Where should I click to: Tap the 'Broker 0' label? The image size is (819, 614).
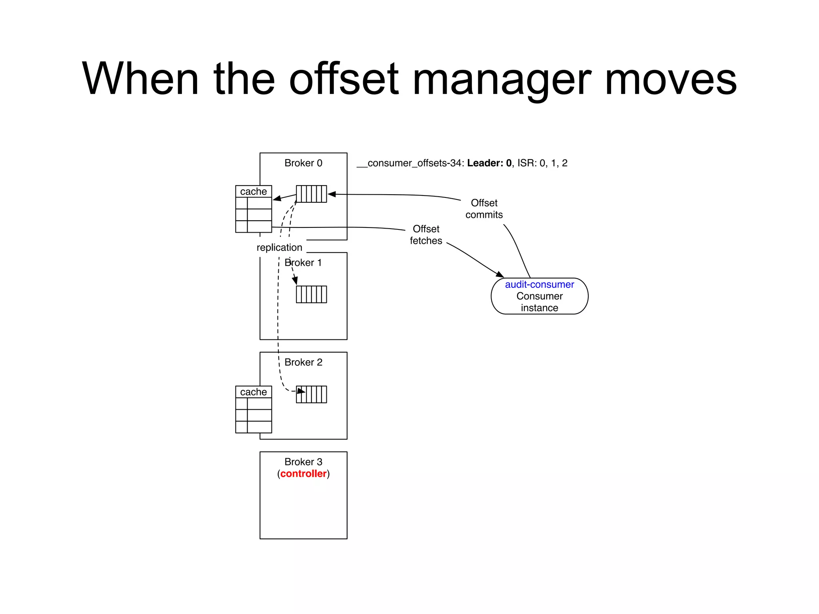(303, 163)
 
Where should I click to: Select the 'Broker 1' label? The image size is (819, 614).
(303, 263)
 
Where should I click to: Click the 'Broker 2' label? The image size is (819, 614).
(303, 362)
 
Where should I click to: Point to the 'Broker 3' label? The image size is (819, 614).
(303, 462)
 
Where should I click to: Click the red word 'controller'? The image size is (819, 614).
(303, 474)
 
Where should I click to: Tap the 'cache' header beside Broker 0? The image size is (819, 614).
(254, 191)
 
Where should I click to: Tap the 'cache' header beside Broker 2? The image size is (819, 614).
(254, 392)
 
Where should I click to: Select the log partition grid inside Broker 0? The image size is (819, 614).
(312, 194)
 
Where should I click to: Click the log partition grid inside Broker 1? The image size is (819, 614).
(312, 294)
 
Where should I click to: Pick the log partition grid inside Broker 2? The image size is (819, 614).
(312, 394)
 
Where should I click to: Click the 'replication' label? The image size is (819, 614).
(279, 247)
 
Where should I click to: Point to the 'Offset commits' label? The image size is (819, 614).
(484, 209)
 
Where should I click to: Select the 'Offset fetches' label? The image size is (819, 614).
(426, 235)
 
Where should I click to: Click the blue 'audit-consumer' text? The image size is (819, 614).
(539, 285)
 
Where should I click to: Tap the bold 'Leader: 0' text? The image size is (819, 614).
(489, 163)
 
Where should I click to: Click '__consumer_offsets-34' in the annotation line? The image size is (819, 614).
(410, 163)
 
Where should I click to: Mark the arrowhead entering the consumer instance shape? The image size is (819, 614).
(500, 275)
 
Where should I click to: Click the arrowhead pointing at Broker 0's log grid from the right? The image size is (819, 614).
(332, 194)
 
